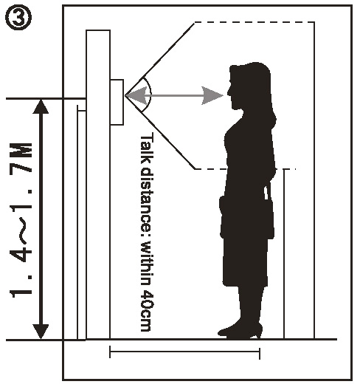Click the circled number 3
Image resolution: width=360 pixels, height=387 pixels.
(x=18, y=18)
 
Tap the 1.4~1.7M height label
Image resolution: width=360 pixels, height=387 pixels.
(x=21, y=219)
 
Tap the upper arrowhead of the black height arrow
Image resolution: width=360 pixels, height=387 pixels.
(x=41, y=106)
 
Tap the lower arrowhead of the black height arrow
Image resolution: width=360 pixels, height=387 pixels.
(x=41, y=332)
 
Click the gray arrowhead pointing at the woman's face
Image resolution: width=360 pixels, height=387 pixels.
(x=212, y=95)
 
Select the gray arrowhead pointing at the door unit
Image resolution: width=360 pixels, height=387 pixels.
(x=136, y=95)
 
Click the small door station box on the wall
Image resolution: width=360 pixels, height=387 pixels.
(x=117, y=102)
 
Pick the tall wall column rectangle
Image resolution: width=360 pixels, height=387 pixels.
(x=98, y=185)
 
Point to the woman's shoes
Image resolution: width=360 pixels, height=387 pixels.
(x=240, y=331)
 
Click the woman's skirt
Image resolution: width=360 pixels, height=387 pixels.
(x=246, y=261)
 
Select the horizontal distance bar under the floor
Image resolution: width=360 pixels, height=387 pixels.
(x=184, y=352)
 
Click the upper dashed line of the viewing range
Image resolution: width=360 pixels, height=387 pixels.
(x=254, y=22)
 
